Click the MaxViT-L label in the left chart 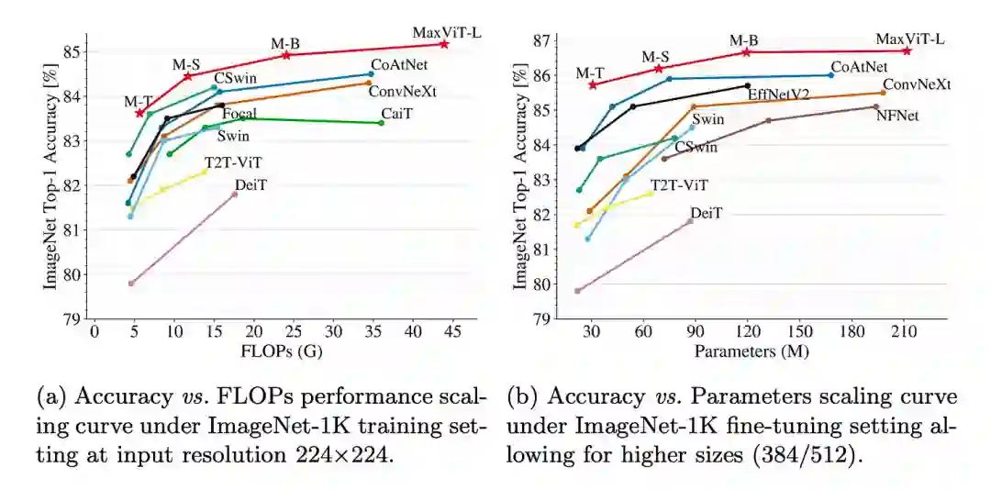447,34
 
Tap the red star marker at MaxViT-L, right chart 907,50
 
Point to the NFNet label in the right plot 898,115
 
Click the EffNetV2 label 778,95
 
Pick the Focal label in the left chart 239,113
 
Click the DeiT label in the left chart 251,184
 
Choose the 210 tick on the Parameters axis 904,332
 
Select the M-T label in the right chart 590,73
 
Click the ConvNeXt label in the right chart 917,84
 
